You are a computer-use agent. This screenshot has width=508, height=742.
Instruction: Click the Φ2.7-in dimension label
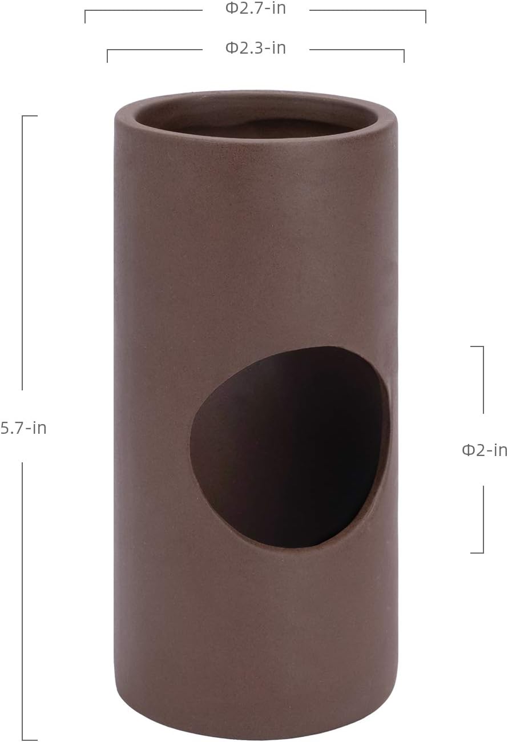255,9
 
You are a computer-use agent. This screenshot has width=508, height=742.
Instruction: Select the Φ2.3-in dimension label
255,48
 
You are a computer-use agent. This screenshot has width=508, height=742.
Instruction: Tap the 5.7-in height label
23,428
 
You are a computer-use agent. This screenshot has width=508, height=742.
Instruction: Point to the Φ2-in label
484,450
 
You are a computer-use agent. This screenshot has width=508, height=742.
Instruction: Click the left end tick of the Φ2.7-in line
85,17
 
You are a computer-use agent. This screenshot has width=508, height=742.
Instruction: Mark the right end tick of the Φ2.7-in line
425,17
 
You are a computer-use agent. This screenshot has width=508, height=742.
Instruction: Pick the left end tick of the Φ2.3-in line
107,56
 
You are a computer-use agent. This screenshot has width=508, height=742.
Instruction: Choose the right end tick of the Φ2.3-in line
404,56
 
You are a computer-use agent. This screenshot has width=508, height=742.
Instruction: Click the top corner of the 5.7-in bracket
23,116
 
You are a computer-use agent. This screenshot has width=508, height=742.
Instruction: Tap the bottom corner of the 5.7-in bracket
23,740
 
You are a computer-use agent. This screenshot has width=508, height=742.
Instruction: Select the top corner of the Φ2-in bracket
483,346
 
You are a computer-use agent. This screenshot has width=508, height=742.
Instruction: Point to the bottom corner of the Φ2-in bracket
483,553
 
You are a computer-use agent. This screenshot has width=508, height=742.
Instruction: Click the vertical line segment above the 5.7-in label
22,251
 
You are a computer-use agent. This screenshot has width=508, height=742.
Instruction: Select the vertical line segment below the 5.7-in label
22,599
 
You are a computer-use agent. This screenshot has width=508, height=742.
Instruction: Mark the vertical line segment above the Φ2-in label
483,380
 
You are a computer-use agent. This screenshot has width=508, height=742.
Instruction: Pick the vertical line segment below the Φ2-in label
483,519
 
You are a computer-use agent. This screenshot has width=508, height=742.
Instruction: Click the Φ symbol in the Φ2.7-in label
231,9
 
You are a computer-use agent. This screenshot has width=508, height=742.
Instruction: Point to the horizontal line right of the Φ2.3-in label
357,50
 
